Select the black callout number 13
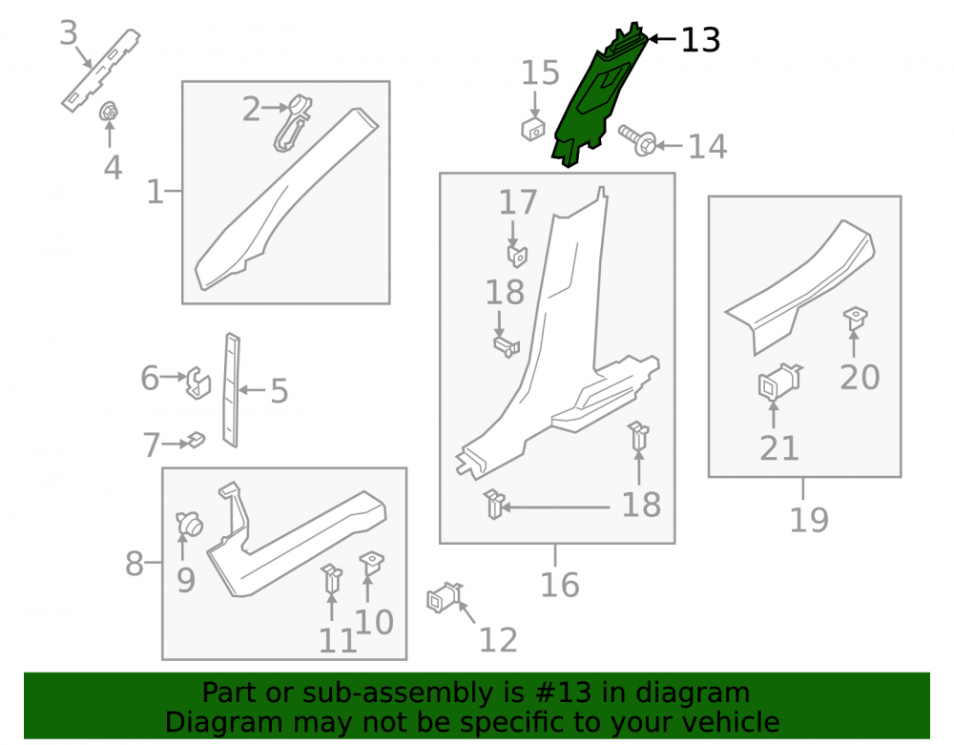tap(700, 40)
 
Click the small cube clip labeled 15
tap(533, 129)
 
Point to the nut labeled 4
tap(109, 112)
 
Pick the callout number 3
tap(69, 32)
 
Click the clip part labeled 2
tap(293, 122)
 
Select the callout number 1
tap(156, 192)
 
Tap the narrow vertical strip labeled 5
tap(232, 390)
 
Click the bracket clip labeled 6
tap(198, 383)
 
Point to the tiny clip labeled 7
tap(196, 439)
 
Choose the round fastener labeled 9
tap(189, 524)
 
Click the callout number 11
tap(338, 641)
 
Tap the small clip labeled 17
tap(517, 255)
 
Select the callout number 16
tap(560, 585)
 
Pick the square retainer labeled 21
tap(780, 382)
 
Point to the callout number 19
tap(809, 520)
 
